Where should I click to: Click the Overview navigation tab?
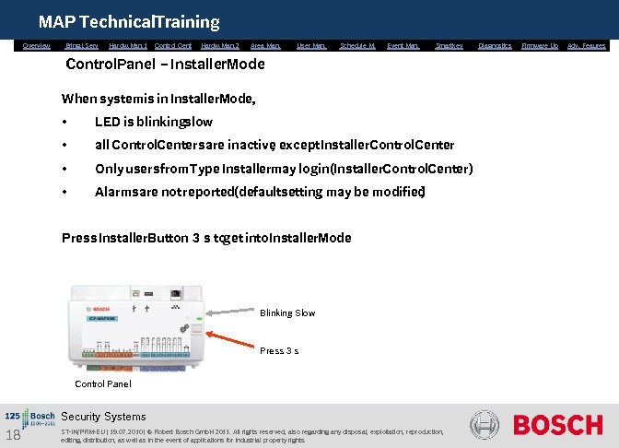point(37,45)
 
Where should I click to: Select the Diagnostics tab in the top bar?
point(495,45)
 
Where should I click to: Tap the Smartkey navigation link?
point(449,45)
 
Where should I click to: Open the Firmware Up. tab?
point(540,45)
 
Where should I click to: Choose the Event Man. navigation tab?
point(403,45)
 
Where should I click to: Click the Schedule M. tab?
point(357,45)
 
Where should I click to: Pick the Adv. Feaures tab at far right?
point(586,45)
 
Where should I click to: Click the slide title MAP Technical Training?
point(129,21)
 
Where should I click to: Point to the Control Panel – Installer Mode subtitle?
point(165,65)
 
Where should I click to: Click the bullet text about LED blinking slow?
point(153,122)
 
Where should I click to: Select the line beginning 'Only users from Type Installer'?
point(284,169)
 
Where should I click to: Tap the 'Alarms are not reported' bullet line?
point(260,192)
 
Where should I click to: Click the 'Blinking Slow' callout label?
point(286,313)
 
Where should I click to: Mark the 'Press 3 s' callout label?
point(278,351)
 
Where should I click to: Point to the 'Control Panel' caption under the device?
point(102,383)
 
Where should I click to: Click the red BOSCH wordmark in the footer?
point(557,425)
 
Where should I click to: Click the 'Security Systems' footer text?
point(103,417)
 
